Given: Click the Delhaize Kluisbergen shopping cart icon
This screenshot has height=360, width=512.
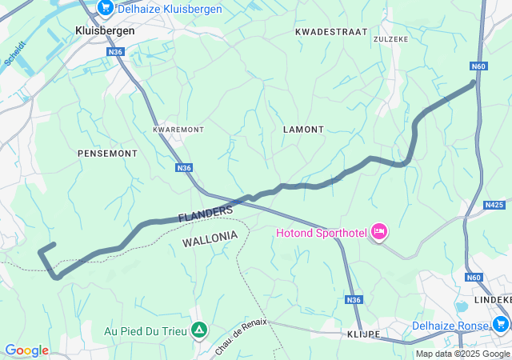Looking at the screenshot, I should (106, 7).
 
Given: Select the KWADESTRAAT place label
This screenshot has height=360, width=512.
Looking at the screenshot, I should (330, 31).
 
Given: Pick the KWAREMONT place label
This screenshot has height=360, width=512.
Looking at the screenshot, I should (178, 129).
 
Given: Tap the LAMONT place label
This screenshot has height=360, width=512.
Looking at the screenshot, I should (303, 129).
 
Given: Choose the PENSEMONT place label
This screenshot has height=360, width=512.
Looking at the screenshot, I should (107, 152).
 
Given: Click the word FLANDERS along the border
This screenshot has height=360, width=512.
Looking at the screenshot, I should (206, 214).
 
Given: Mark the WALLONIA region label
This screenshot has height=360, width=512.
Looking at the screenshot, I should (210, 237).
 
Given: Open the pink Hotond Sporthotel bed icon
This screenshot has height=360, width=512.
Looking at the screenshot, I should (378, 233).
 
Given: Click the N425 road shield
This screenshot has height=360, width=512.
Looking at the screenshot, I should (494, 205).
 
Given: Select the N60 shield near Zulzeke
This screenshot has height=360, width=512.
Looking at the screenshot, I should (478, 66).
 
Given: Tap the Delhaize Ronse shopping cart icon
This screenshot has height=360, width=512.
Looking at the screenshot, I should (501, 324).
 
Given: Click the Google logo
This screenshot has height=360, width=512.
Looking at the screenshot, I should (26, 350).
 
